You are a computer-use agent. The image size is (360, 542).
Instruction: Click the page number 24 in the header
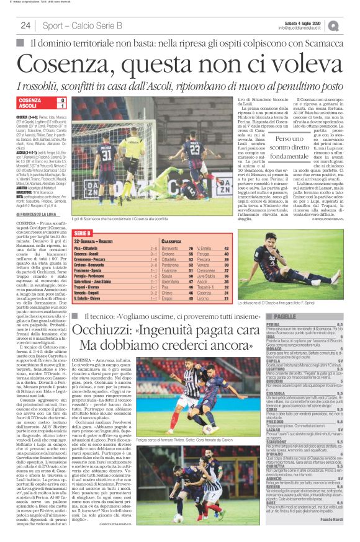pos(26,25)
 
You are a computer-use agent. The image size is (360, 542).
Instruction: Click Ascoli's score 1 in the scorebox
pos(63,106)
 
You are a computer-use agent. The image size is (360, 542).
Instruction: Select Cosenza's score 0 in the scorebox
pos(63,100)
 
